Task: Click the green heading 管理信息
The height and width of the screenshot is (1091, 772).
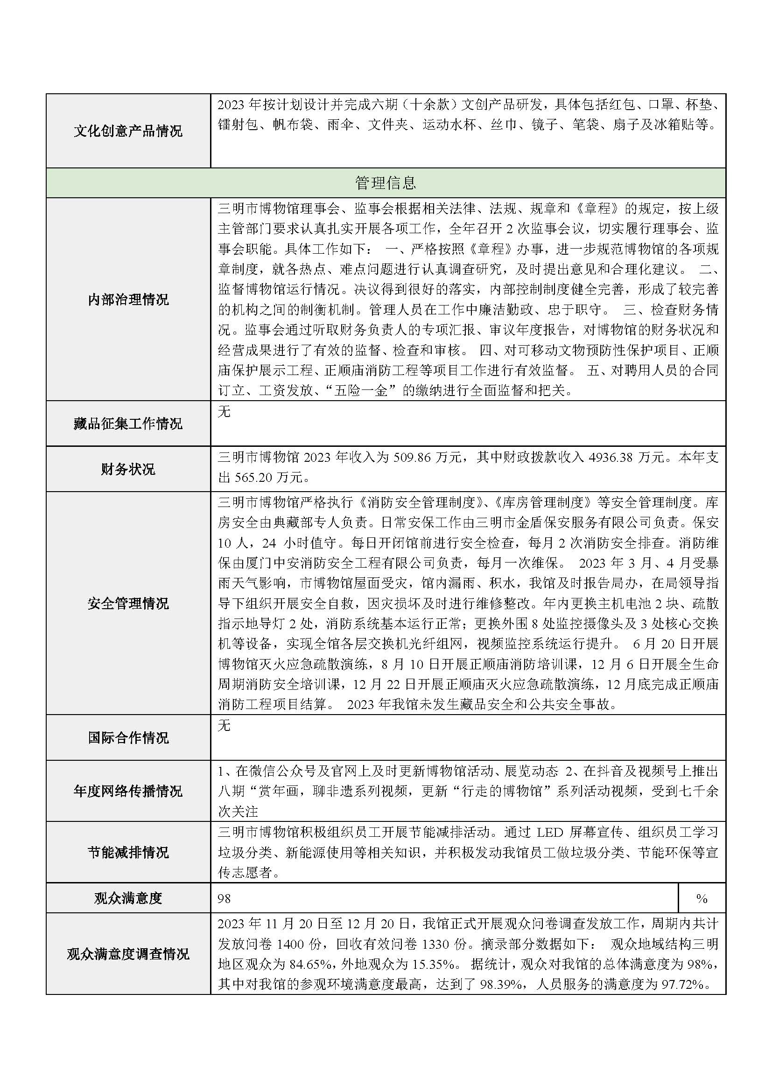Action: point(385,182)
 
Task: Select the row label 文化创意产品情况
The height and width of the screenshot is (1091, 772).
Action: point(128,131)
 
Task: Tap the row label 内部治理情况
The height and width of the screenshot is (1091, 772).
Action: point(128,299)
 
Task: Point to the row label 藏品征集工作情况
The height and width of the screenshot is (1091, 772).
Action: point(128,424)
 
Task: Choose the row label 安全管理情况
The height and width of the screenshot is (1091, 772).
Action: point(128,604)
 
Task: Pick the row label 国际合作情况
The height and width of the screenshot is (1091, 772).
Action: point(128,737)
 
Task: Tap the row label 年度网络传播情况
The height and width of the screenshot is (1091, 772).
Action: point(128,791)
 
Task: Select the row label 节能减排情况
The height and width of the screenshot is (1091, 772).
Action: point(128,852)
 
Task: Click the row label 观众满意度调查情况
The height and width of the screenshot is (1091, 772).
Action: point(128,953)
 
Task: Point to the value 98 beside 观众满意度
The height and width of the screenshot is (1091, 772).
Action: point(224,898)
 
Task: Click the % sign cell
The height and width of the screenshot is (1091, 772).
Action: point(702,898)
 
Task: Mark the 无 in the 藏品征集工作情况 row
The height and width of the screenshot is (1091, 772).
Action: point(224,411)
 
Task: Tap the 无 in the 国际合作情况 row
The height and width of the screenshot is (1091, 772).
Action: point(224,726)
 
